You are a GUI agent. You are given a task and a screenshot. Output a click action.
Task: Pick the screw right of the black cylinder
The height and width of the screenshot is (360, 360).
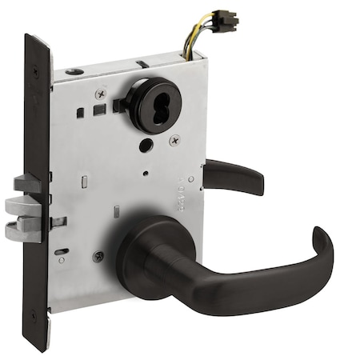click(x=175, y=140)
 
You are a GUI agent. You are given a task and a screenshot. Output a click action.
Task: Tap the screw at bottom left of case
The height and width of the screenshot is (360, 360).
click(x=98, y=257)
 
